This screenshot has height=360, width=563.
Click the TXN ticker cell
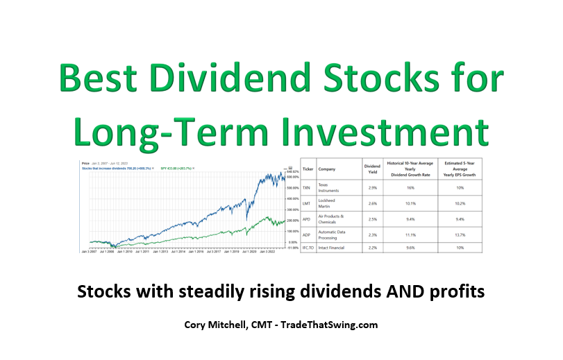pos(308,188)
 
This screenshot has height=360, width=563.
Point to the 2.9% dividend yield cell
pos(372,188)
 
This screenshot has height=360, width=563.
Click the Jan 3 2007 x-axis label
pos(89,250)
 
